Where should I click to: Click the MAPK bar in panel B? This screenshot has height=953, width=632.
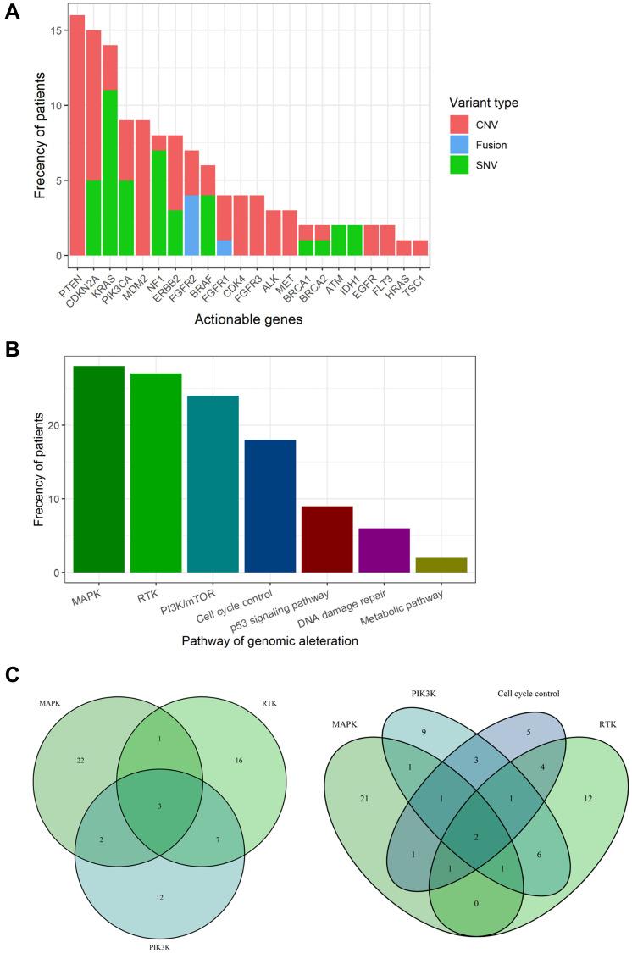99,469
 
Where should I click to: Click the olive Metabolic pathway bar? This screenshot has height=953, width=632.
441,565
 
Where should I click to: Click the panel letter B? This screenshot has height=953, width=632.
12,347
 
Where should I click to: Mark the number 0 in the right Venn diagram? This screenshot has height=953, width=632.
475,903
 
